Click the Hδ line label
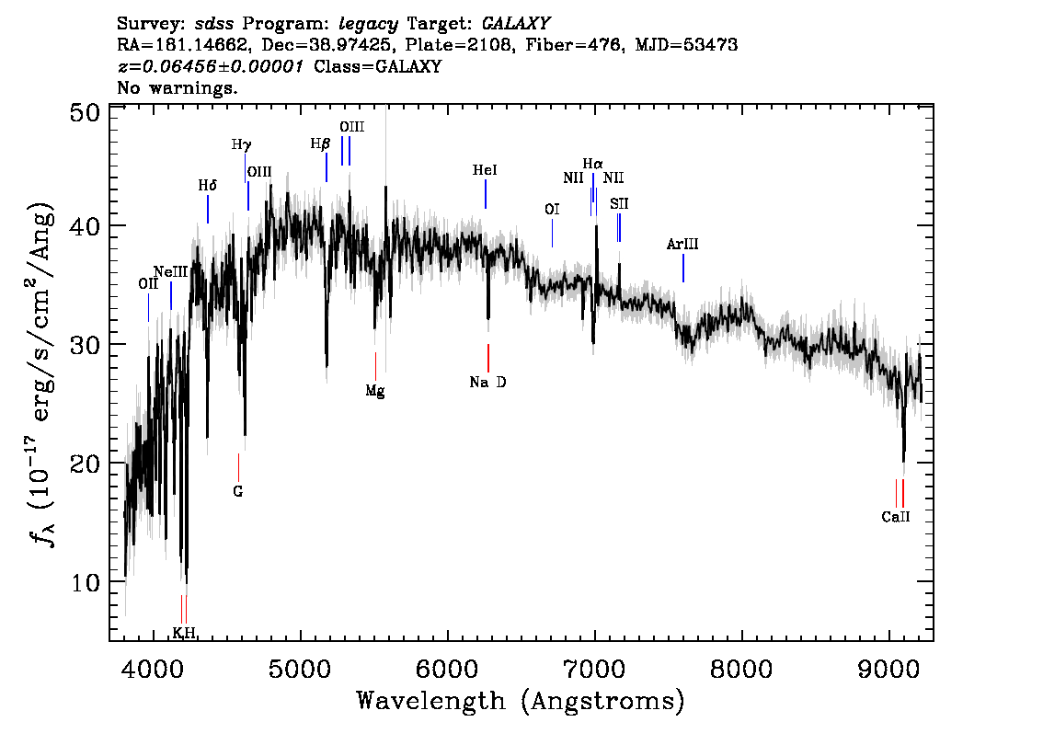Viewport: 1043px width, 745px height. (208, 186)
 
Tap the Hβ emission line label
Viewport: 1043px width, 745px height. (320, 143)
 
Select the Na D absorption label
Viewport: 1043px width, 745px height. (487, 383)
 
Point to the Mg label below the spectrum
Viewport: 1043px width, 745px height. (375, 391)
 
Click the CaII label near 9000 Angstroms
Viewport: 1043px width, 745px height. (895, 517)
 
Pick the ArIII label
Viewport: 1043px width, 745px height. (682, 244)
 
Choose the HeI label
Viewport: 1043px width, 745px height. (485, 170)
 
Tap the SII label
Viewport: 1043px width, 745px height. (619, 203)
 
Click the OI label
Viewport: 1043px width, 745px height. (552, 210)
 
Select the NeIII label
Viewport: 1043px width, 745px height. (171, 271)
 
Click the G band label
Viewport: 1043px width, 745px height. (238, 491)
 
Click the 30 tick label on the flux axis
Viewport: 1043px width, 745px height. (86, 345)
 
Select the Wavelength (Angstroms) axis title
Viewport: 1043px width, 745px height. (521, 701)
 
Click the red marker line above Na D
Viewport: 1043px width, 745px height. (488, 358)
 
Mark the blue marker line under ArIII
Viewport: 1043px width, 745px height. (683, 268)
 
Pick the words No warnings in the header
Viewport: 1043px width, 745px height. (177, 87)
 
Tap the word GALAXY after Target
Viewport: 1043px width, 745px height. (516, 24)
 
